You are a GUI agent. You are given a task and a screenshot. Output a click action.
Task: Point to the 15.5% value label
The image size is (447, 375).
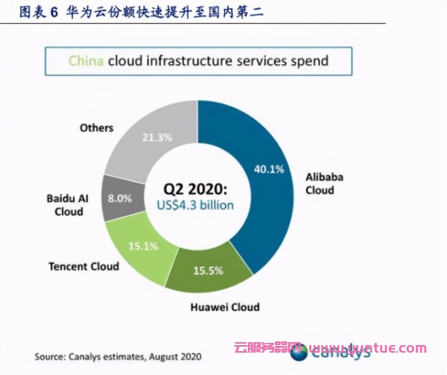click(x=209, y=271)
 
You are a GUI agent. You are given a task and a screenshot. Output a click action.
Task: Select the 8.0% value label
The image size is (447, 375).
click(x=120, y=199)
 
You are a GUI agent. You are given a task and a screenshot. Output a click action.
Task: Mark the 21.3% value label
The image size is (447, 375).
click(x=158, y=137)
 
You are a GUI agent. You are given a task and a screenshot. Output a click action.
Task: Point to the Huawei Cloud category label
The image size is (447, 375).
click(x=223, y=306)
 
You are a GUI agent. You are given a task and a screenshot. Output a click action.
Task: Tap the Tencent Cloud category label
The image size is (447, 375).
click(x=82, y=266)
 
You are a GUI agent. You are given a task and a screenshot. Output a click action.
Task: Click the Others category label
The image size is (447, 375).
click(x=96, y=128)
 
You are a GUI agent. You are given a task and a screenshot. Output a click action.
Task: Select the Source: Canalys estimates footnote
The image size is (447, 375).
click(x=118, y=353)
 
